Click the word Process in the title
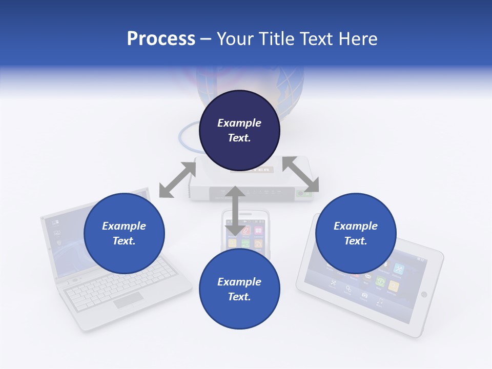pyautogui.click(x=161, y=39)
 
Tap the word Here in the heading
pyautogui.click(x=359, y=39)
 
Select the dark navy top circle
pyautogui.click(x=239, y=130)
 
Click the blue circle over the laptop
pyautogui.click(x=124, y=233)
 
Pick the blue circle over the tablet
pyautogui.click(x=356, y=233)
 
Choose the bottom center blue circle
pyautogui.click(x=239, y=289)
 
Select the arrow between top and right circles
pyautogui.click(x=300, y=174)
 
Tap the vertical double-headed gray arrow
pyautogui.click(x=235, y=211)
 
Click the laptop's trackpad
pyautogui.click(x=128, y=300)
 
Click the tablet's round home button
pyautogui.click(x=424, y=294)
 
